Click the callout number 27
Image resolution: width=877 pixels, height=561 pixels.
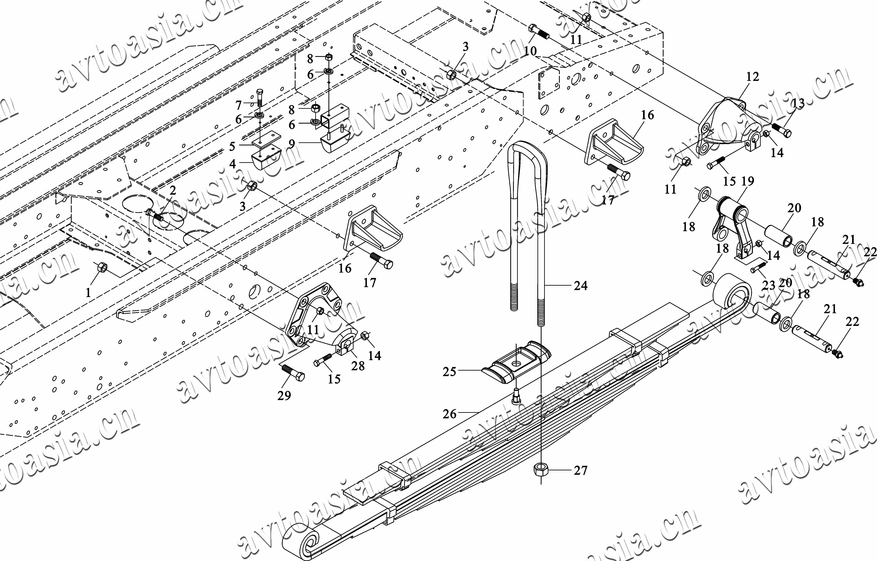coord(580,471)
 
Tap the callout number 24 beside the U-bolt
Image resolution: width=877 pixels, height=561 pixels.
coord(580,286)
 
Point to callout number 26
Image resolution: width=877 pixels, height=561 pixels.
coord(449,414)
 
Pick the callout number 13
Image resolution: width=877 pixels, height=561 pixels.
coord(798,103)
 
